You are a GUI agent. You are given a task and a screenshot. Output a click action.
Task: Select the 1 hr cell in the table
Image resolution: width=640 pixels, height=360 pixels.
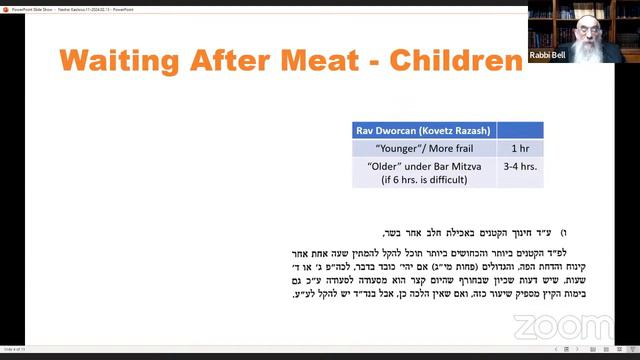[x=520, y=147]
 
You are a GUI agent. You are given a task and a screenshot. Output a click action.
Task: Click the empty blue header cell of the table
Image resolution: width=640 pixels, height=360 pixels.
[x=520, y=131]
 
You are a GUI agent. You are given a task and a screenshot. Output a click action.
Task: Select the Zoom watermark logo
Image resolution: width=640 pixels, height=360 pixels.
[x=562, y=326]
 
